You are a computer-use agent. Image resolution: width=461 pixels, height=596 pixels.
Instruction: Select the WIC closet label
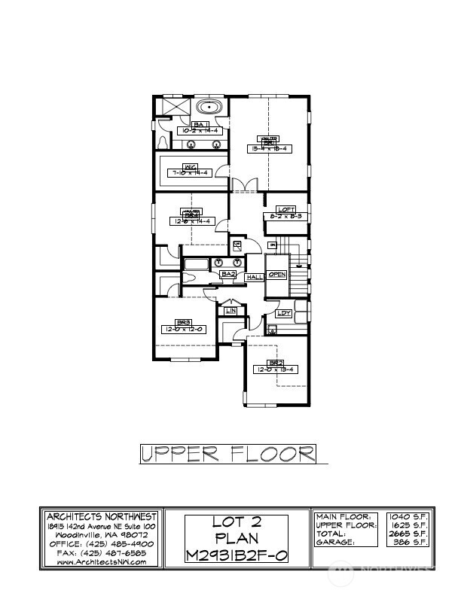coord(191,166)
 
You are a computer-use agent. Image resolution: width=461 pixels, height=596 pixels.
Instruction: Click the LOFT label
coord(285,209)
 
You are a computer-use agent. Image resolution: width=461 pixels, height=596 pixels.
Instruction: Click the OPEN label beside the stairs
coord(277,275)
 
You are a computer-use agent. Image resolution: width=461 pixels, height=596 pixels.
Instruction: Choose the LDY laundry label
coord(284,313)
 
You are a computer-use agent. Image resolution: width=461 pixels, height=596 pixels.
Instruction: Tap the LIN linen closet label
coord(231,310)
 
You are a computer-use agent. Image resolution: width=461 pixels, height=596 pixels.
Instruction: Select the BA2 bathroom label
coord(228,275)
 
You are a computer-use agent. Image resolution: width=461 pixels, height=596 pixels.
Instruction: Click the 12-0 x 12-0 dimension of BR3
coord(182,329)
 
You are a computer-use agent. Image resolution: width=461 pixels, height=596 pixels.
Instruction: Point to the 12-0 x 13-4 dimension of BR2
coord(275,369)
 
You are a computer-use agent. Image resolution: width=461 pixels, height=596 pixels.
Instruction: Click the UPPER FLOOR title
coord(227,454)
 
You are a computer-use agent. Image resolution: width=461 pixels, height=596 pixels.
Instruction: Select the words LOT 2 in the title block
coord(227,523)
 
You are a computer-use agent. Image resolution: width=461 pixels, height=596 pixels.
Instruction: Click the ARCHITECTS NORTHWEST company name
coord(101,517)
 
